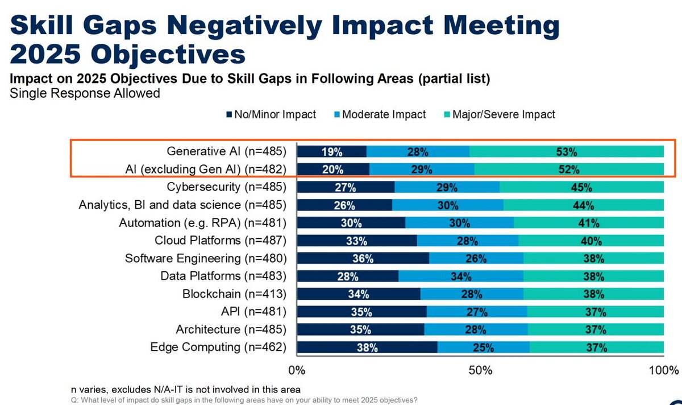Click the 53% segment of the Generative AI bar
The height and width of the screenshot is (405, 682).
coord(567,151)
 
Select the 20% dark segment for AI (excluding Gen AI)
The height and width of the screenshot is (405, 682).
coord(333,169)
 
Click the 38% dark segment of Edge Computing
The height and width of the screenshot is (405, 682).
coord(367,348)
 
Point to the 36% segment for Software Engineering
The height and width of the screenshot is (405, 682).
coord(363,258)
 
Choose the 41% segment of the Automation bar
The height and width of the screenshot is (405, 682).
coord(588,222)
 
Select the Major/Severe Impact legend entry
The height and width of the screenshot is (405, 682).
coord(503,114)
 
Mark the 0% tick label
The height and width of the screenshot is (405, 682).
coord(297,371)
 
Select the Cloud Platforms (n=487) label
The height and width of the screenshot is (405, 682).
coord(221,241)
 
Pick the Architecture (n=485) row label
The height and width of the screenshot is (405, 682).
coord(231,329)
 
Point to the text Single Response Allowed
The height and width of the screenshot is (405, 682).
coord(85,93)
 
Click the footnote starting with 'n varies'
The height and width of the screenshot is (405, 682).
coord(185,389)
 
